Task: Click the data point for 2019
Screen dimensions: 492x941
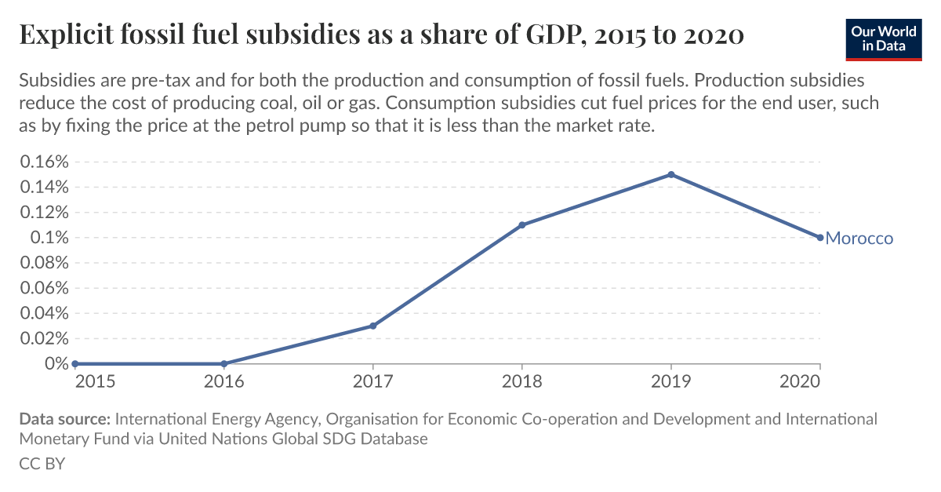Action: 671,174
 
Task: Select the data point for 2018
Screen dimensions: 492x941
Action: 522,225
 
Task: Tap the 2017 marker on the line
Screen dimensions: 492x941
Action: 373,326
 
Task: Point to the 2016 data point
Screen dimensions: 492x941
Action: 224,363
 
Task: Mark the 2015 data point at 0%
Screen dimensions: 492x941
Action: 74,363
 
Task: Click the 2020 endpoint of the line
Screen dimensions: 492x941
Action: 820,238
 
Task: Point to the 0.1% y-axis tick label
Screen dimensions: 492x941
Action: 49,238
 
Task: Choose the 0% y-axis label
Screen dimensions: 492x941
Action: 56,363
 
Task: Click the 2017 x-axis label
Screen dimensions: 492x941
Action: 373,382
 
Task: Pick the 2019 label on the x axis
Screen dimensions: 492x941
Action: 671,382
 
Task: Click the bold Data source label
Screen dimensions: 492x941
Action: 65,418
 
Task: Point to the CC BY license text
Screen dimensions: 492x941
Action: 42,464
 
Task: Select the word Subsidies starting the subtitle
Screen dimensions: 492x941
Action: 55,82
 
